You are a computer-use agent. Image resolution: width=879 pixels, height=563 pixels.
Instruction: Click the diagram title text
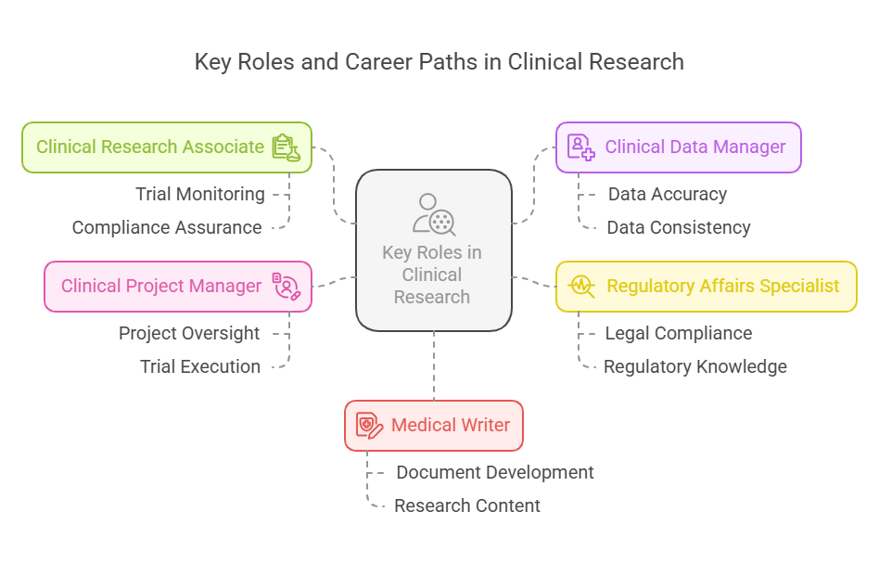(x=439, y=62)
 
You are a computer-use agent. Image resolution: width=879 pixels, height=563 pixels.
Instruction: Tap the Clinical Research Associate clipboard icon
(x=287, y=147)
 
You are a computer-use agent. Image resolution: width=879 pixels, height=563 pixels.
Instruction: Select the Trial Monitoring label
(x=200, y=194)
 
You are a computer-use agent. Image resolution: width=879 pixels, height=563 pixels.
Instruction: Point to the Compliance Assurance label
(x=167, y=227)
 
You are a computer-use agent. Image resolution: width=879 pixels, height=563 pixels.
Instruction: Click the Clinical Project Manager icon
(x=287, y=286)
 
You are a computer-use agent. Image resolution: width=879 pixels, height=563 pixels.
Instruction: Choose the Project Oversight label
(x=189, y=333)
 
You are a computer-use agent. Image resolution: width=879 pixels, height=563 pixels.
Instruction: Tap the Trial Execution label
(x=200, y=366)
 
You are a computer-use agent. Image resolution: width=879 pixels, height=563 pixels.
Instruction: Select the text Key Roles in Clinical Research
(x=432, y=275)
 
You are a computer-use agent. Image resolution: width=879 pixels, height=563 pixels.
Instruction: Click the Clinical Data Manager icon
(x=581, y=147)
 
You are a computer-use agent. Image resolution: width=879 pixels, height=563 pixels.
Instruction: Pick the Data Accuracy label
(x=667, y=194)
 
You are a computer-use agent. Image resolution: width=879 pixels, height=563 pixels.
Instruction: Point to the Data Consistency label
(x=678, y=227)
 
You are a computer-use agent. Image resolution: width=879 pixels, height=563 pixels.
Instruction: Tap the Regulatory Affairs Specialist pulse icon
(x=581, y=286)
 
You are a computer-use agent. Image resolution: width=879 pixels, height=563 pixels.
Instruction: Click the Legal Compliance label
(x=678, y=333)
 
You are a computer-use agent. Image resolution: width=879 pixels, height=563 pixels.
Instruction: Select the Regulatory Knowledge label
(x=694, y=366)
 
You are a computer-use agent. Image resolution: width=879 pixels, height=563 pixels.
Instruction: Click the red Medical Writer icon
(x=369, y=426)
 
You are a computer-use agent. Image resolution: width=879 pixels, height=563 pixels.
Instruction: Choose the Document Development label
(x=495, y=472)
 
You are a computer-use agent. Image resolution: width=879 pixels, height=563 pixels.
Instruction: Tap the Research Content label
(x=467, y=505)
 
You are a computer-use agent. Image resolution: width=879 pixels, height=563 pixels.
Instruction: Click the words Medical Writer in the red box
(x=451, y=426)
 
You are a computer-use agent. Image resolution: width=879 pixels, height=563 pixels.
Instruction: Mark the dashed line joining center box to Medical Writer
(x=433, y=365)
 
